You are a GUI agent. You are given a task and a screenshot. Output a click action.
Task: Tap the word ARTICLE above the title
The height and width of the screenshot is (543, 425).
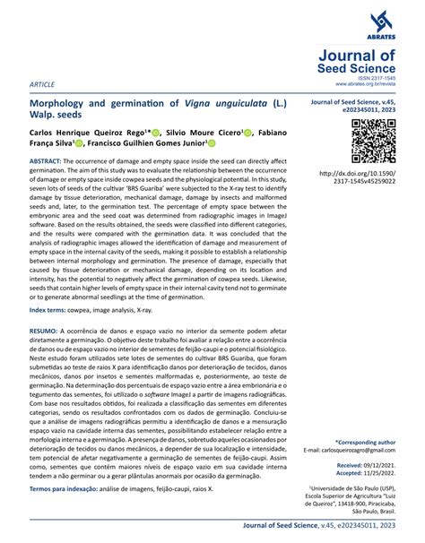coord(42,83)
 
